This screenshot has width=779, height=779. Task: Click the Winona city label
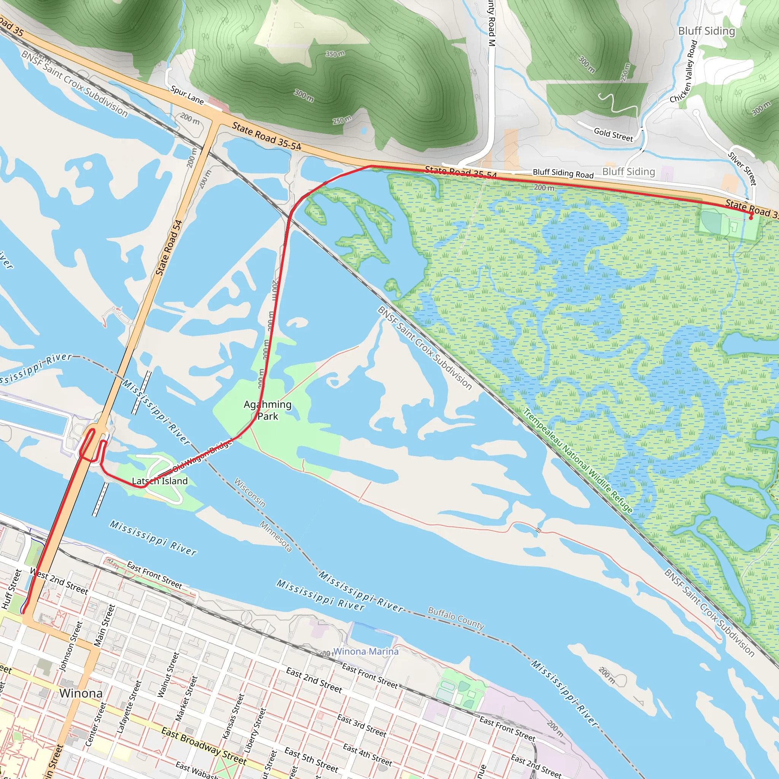pyautogui.click(x=81, y=693)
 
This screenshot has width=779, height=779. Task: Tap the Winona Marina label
pyautogui.click(x=366, y=651)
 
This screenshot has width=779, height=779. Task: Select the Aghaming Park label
pyautogui.click(x=268, y=410)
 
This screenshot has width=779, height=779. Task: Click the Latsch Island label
pyautogui.click(x=160, y=481)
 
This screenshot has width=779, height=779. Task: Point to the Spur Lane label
pyautogui.click(x=187, y=95)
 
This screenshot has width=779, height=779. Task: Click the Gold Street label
pyautogui.click(x=613, y=134)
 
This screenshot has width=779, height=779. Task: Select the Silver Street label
pyautogui.click(x=742, y=168)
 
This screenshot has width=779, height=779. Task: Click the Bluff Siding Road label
pyautogui.click(x=563, y=173)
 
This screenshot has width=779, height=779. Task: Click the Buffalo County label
pyautogui.click(x=456, y=618)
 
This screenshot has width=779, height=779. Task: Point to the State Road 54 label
pyautogui.click(x=169, y=248)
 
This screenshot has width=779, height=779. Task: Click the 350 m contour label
pyautogui.click(x=335, y=54)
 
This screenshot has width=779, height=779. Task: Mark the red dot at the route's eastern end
pyautogui.click(x=751, y=217)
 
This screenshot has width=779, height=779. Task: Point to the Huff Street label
pyautogui.click(x=11, y=589)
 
